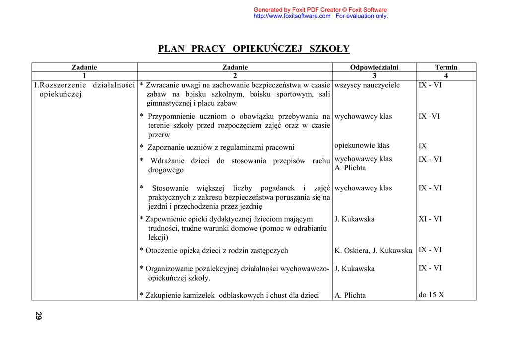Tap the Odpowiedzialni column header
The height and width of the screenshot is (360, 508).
point(374,67)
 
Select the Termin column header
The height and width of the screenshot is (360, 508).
point(446,67)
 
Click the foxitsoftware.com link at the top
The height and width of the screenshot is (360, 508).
point(292,16)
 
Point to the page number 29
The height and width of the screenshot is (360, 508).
point(39,316)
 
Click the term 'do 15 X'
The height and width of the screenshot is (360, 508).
point(431,295)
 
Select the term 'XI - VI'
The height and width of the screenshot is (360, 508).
point(430,219)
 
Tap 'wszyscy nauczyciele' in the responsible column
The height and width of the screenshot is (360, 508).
point(367,85)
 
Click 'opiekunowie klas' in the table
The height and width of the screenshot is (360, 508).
point(362,145)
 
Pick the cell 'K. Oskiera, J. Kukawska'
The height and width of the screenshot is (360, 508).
point(373,251)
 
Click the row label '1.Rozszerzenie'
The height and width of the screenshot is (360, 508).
point(60,85)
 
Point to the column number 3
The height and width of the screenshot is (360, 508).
point(374,76)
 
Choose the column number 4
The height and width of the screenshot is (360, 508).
point(446,76)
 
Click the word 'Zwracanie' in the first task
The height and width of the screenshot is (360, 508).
point(163,85)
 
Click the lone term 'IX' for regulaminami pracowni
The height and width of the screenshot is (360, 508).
point(422,146)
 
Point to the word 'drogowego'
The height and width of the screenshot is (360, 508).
point(166,170)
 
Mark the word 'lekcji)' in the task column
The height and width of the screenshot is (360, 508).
point(158,237)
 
